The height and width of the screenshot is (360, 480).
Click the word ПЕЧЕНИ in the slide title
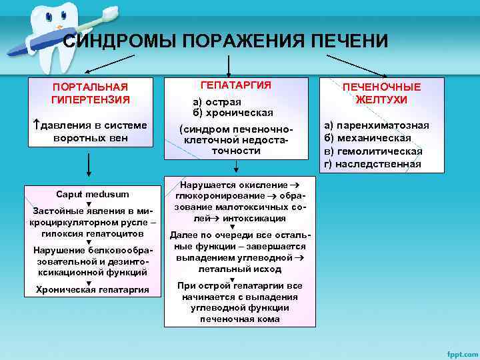coord(349,41)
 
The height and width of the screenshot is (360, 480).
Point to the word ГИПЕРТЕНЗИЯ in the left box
coord(91,99)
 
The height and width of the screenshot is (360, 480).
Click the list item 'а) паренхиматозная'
coord(376,125)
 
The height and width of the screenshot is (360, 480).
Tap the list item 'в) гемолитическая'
coord(373,151)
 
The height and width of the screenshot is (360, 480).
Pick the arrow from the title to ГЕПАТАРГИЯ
coord(229,64)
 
